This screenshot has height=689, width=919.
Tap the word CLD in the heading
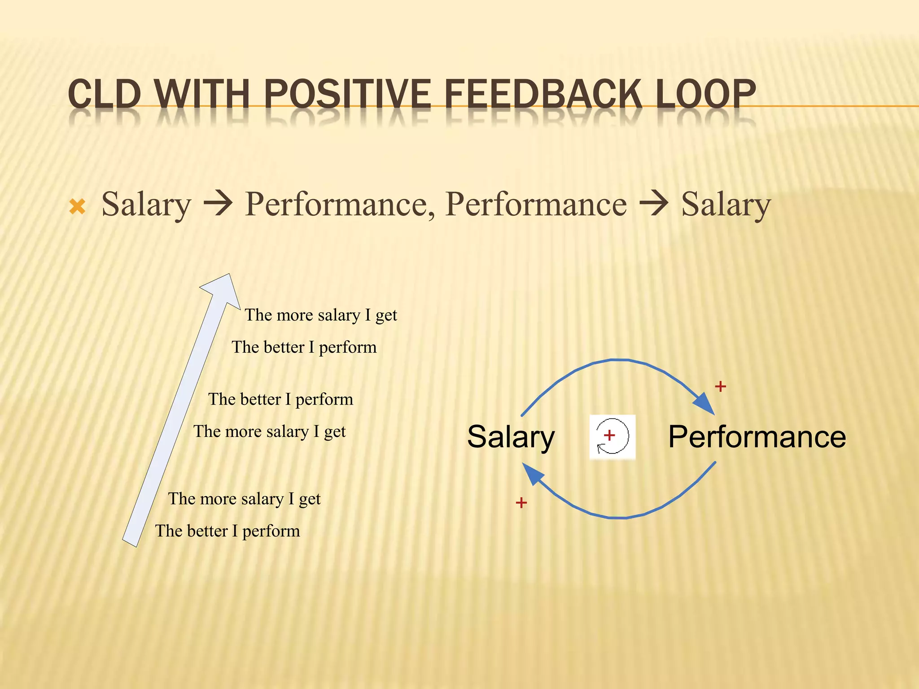click(104, 94)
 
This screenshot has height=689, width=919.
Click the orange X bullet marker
click(77, 207)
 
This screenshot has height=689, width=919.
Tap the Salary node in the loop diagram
click(511, 437)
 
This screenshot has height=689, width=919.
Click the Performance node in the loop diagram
click(757, 437)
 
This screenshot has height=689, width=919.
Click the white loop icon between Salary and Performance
click(612, 437)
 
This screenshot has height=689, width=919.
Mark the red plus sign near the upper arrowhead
click(720, 386)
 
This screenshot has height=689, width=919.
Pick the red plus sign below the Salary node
click(521, 502)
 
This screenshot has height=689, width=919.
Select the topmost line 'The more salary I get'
click(321, 315)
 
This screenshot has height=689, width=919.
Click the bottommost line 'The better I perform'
click(228, 531)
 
